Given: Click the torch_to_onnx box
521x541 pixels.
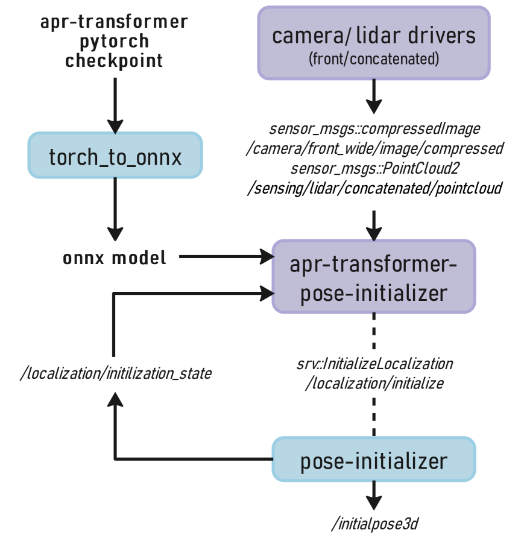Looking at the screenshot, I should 115,156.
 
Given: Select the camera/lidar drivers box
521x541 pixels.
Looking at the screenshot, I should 373,43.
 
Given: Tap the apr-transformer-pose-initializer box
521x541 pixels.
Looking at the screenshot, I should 373,277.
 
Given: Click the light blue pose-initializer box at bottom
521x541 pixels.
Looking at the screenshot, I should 373,460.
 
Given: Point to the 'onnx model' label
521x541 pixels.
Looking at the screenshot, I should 115,258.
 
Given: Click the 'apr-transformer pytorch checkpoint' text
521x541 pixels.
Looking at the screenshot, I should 115,42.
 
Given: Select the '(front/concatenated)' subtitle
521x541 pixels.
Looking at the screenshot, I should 373,60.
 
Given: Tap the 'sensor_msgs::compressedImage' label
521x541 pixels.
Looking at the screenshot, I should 374,129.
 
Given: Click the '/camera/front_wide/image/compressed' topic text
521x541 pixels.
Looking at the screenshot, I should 374,148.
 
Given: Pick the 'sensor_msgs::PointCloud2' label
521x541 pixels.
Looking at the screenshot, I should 374,168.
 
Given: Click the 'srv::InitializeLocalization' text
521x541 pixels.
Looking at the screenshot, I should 374,364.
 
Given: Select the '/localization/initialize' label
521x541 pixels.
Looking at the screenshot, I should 374,383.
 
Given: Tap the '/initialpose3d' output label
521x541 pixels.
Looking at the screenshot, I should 374,524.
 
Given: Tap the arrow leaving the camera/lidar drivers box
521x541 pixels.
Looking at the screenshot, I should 374,96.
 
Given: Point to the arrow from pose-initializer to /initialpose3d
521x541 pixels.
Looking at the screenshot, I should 374,495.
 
